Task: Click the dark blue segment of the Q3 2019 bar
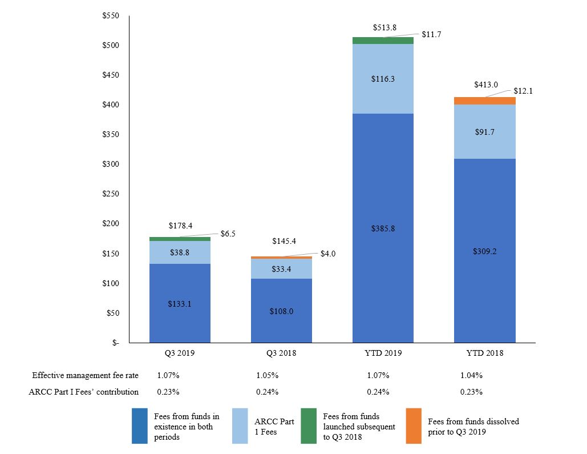tap(180, 303)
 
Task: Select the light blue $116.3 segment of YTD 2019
tap(383, 79)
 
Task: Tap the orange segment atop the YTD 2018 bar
tap(485, 101)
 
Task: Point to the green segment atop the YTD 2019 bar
tap(383, 41)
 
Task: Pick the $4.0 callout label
tap(328, 254)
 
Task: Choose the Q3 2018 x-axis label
tap(281, 353)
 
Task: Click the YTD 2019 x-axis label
tap(383, 353)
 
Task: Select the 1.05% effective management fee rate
tap(268, 376)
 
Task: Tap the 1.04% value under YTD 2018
tap(471, 376)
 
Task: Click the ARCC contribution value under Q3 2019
tap(168, 392)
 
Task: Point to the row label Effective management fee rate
tap(85, 376)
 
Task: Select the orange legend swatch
tap(414, 425)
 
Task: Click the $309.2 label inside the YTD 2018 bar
tap(485, 251)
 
